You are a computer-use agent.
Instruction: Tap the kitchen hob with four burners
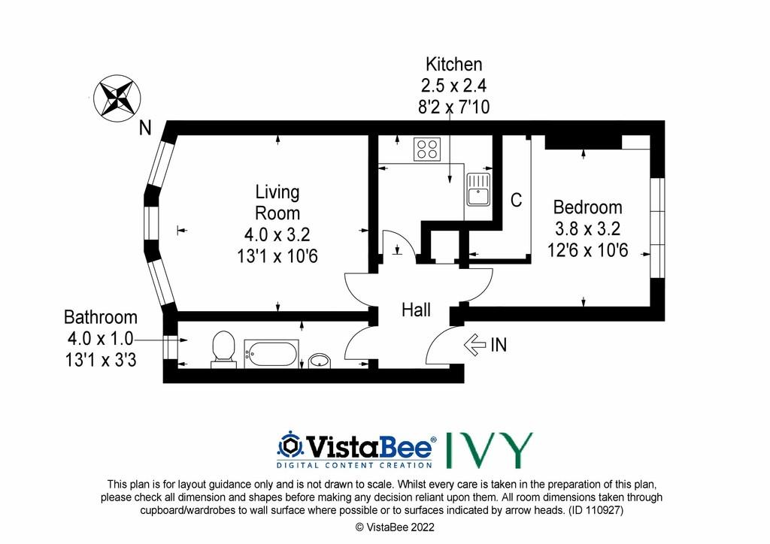pyautogui.click(x=427, y=149)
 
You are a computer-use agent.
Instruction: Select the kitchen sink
pyautogui.click(x=478, y=189)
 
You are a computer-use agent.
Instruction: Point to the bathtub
pyautogui.click(x=271, y=353)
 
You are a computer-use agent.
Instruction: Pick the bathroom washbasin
pyautogui.click(x=320, y=361)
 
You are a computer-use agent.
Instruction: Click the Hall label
pyautogui.click(x=416, y=310)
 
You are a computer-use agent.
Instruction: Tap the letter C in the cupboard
pyautogui.click(x=516, y=200)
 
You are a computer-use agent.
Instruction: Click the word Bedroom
pyautogui.click(x=587, y=207)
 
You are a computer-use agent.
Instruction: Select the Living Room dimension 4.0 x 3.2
pyautogui.click(x=277, y=234)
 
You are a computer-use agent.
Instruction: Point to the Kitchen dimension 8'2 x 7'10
pyautogui.click(x=453, y=107)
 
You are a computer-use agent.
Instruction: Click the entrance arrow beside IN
pyautogui.click(x=475, y=344)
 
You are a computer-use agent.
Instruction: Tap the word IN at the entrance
pyautogui.click(x=499, y=345)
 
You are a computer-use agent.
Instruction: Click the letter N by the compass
pyautogui.click(x=145, y=128)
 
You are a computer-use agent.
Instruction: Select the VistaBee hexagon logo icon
pyautogui.click(x=290, y=446)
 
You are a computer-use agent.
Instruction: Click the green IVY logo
pyautogui.click(x=489, y=450)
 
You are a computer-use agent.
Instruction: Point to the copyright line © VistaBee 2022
pyautogui.click(x=395, y=527)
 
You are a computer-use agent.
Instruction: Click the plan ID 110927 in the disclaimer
pyautogui.click(x=596, y=510)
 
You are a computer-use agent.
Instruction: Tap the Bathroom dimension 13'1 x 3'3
pyautogui.click(x=101, y=361)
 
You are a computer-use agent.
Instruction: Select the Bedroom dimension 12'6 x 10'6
pyautogui.click(x=588, y=250)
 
